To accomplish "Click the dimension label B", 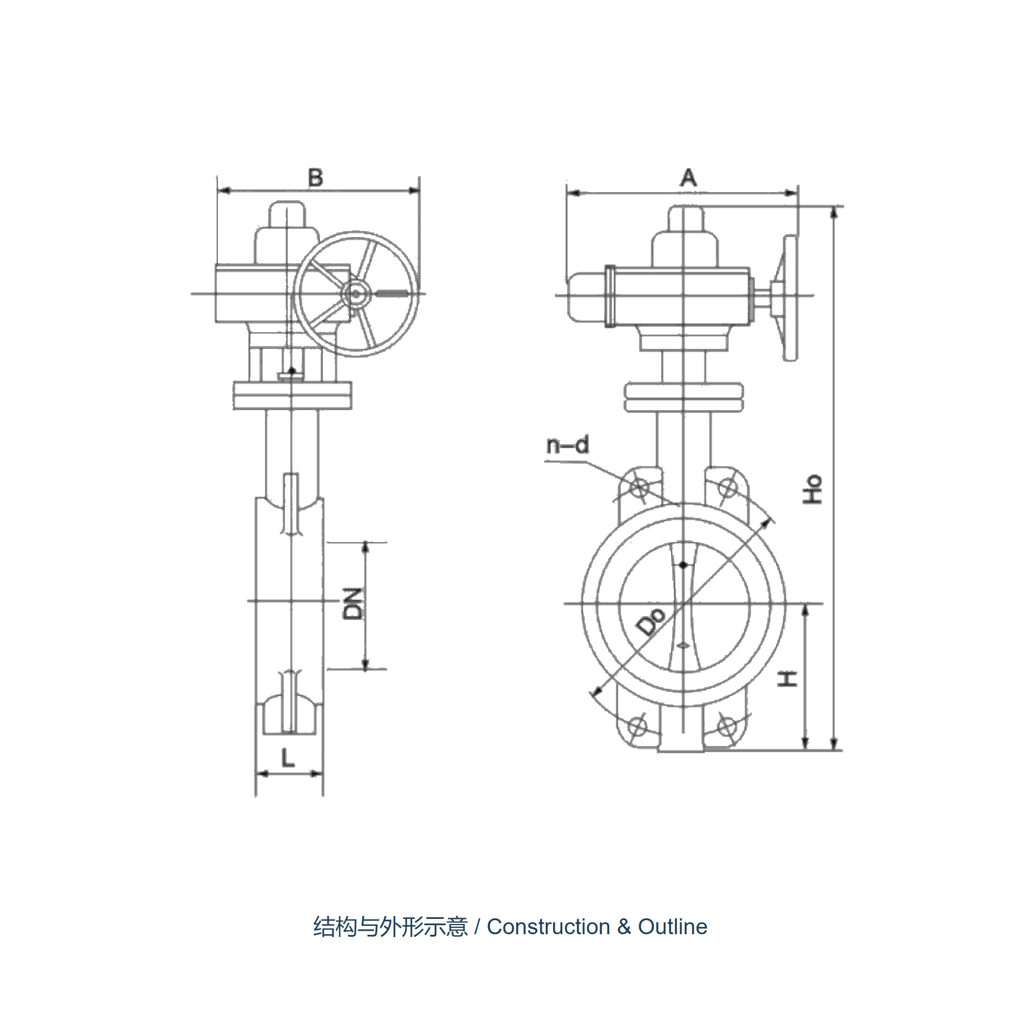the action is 315,178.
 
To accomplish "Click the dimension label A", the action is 688,178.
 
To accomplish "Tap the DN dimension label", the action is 353,604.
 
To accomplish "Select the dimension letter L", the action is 288,757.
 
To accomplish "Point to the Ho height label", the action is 812,489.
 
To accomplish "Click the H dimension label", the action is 787,679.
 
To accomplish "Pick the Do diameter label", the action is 651,621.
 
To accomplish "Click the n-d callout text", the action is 568,445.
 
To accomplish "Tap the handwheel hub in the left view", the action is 356,294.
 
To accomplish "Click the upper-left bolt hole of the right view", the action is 639,487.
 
